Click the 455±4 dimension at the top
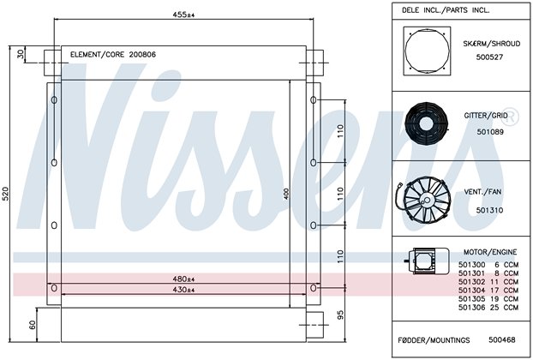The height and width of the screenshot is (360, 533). click(183, 15)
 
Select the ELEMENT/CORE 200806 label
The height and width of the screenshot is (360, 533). click(113, 54)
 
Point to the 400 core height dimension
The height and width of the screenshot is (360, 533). click(286, 194)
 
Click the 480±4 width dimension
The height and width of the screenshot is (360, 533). click(183, 279)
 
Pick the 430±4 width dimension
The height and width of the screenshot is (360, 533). click(183, 290)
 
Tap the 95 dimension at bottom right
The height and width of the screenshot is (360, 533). click(340, 315)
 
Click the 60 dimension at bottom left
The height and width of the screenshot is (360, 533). click(33, 325)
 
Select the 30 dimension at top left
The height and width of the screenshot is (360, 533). click(21, 54)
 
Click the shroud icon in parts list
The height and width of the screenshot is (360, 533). click(427, 51)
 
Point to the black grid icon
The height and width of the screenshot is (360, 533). click(426, 123)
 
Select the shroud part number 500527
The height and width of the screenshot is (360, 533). click(489, 57)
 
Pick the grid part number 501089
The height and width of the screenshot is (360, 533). click(490, 132)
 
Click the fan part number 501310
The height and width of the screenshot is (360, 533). click(489, 210)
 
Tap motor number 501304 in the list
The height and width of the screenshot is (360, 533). click(471, 291)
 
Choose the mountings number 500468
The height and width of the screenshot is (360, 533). click(502, 339)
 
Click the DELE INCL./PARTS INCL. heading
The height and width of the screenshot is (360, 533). click(446, 10)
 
